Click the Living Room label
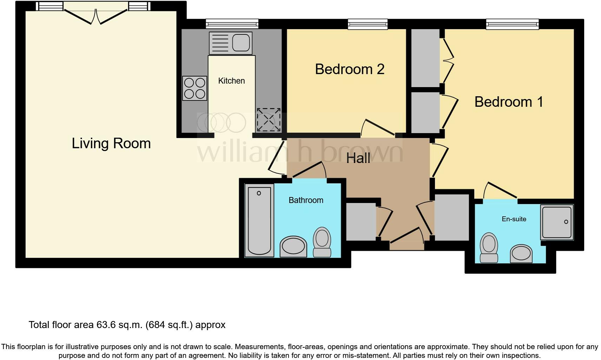tap(111, 143)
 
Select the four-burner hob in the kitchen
tap(194, 88)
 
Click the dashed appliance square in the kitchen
tap(268, 120)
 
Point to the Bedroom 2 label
tap(350, 69)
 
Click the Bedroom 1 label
tap(509, 102)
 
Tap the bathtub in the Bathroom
tap(259, 220)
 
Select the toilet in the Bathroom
tap(322, 242)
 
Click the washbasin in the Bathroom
tap(293, 246)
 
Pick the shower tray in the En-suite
tap(557, 222)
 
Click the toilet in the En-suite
tap(489, 248)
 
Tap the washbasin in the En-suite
tap(521, 254)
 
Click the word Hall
tap(358, 158)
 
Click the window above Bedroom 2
tap(368, 24)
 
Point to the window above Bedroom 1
tap(512, 24)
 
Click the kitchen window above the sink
tap(232, 24)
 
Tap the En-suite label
tap(514, 219)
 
